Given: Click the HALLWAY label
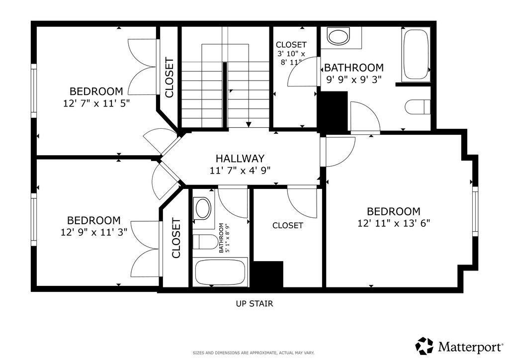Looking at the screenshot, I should (x=240, y=159).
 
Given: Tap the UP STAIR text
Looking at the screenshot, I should (x=254, y=303).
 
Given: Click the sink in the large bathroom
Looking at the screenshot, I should (x=339, y=37).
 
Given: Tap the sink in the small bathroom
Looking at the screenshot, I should (x=203, y=208).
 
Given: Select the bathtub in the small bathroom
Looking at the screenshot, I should (x=220, y=272).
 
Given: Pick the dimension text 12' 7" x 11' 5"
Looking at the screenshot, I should (x=96, y=103).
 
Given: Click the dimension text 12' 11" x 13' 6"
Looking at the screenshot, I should (x=393, y=223).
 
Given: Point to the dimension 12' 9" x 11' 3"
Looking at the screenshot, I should (x=94, y=232).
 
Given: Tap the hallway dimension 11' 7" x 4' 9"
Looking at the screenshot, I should (x=240, y=170).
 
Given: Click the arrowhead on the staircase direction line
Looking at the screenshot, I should (x=249, y=124).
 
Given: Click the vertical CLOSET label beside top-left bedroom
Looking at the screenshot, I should (x=169, y=78).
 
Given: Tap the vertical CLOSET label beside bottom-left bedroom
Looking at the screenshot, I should (x=176, y=238).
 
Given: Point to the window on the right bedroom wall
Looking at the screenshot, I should (x=475, y=211).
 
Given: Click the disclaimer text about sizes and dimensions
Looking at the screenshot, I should (x=254, y=353).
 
